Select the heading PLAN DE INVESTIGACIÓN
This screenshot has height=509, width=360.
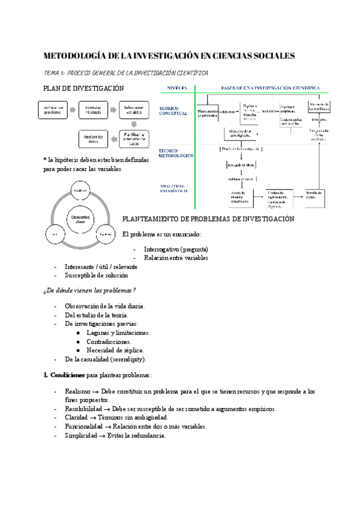(83, 88)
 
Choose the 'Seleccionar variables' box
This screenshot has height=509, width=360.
(134, 110)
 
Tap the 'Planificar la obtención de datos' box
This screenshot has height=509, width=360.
(134, 139)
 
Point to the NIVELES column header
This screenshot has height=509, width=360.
(178, 88)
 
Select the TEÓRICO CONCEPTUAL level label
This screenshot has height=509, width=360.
(173, 112)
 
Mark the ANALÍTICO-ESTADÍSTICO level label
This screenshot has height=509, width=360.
(174, 188)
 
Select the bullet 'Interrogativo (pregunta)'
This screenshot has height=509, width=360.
(176, 249)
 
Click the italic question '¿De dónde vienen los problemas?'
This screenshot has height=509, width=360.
(89, 291)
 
